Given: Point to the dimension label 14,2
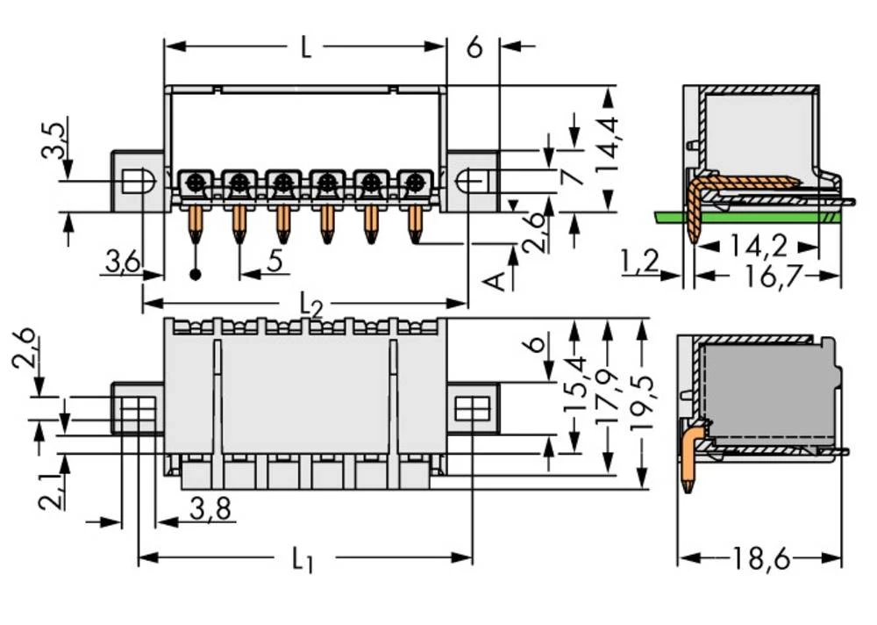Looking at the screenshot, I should [756, 247].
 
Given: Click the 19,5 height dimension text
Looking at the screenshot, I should [645, 402].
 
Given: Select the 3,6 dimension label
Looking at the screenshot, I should [122, 261].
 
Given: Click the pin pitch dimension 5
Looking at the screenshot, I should [274, 261].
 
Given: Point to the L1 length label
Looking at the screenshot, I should [303, 559].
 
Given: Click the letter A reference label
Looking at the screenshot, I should [495, 281].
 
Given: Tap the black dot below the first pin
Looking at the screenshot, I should [196, 275].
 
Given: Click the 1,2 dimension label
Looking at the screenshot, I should [638, 261].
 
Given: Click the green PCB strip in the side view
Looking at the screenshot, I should [754, 216].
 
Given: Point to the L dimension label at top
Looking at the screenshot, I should [304, 48].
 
